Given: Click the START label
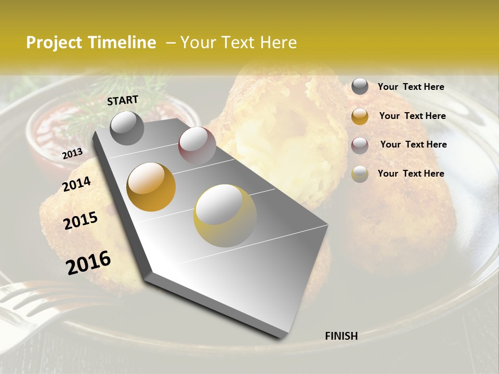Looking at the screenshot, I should (x=123, y=100).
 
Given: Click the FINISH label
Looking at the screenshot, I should (x=341, y=336).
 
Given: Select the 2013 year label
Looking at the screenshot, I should (x=72, y=153).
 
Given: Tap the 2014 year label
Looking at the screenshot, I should (x=77, y=184).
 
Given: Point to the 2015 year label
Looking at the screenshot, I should (x=81, y=221).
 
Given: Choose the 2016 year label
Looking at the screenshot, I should (x=88, y=262).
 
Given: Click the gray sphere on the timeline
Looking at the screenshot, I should (x=127, y=128).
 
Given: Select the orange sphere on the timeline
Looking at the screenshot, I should (x=151, y=186).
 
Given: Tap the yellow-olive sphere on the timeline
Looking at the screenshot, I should (x=225, y=216).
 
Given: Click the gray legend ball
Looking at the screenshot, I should (x=360, y=87).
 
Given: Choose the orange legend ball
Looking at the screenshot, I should (x=360, y=116).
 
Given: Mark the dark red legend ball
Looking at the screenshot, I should (x=360, y=145).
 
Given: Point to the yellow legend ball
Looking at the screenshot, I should (x=360, y=174).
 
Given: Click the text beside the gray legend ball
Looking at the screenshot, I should (x=411, y=87).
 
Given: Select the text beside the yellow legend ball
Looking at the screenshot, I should (x=411, y=173).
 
